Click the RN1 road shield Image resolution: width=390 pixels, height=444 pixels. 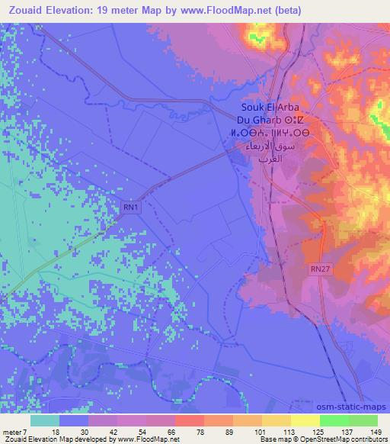point(131,206)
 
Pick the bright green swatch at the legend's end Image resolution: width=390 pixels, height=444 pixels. point(363,420)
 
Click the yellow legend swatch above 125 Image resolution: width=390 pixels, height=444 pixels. point(305,420)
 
